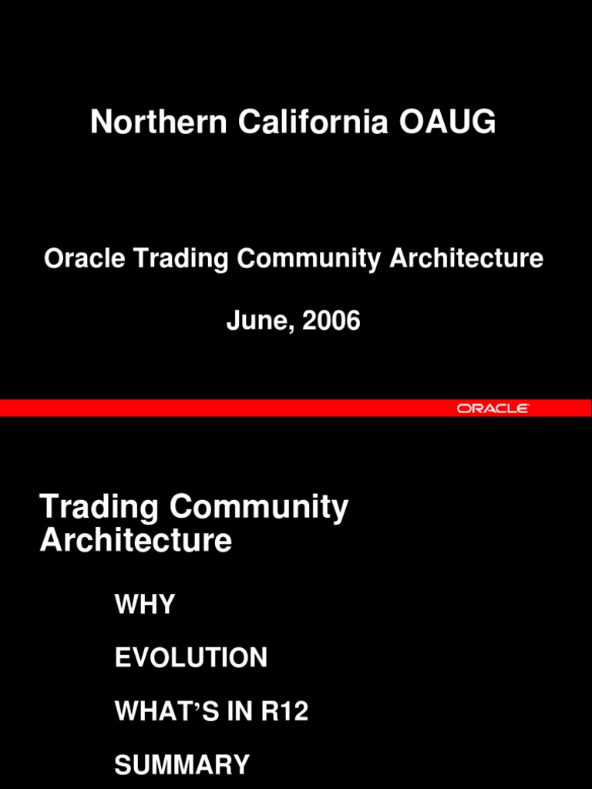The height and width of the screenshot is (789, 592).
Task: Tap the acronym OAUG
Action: point(447,123)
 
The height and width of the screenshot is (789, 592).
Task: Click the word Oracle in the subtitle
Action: point(85,259)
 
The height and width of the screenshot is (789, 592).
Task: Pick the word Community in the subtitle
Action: point(309,260)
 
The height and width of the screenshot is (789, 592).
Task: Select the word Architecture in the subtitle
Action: point(466,259)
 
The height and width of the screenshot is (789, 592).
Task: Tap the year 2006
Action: point(331,321)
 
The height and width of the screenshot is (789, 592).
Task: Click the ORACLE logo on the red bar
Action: point(493,408)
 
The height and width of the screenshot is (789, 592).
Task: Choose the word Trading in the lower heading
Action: point(99,509)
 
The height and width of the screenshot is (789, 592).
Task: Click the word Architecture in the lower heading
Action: point(136,541)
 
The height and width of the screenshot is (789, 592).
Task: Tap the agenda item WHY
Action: point(145,605)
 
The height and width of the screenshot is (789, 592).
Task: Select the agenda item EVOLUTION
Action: point(191,658)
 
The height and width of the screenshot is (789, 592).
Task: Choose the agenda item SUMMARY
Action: point(182,765)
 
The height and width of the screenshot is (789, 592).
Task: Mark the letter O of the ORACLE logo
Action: point(464,408)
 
